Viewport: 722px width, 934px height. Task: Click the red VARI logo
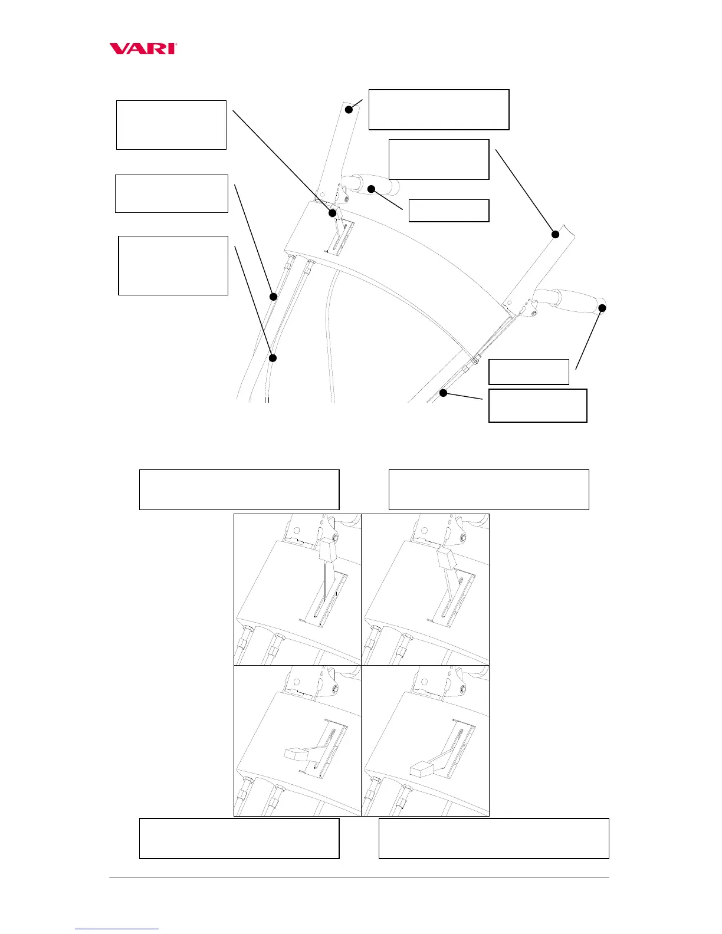pos(143,48)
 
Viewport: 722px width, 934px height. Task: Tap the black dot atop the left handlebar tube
pos(349,108)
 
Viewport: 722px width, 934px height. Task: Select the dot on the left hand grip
pos(372,189)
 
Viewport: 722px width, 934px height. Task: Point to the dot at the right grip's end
pos(602,307)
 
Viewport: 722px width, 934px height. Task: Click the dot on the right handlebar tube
pos(555,234)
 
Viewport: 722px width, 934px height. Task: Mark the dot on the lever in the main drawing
pos(333,213)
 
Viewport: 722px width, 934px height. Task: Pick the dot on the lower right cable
pos(443,393)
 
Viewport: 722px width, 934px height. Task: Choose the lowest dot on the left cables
pos(273,358)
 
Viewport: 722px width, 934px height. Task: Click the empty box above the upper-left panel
pos(239,489)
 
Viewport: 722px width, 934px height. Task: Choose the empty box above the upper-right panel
pos(488,489)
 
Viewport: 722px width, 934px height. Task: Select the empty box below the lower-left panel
pos(239,838)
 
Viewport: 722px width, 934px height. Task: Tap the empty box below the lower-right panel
pos(493,838)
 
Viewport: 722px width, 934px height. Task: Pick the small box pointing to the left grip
pos(449,211)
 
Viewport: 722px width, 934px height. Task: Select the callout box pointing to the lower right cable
pos(537,405)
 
